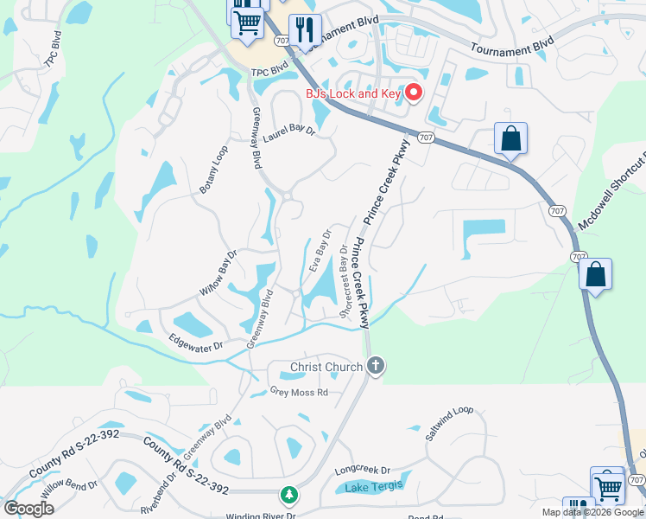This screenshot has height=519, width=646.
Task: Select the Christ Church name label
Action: tap(326, 368)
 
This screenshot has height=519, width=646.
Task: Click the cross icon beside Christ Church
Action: tap(375, 367)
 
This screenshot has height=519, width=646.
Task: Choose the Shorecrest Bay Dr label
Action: tap(347, 282)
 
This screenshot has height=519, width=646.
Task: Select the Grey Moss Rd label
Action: tap(299, 392)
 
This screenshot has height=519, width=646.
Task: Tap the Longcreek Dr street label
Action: tap(363, 471)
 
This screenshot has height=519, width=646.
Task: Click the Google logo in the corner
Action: tap(28, 509)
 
